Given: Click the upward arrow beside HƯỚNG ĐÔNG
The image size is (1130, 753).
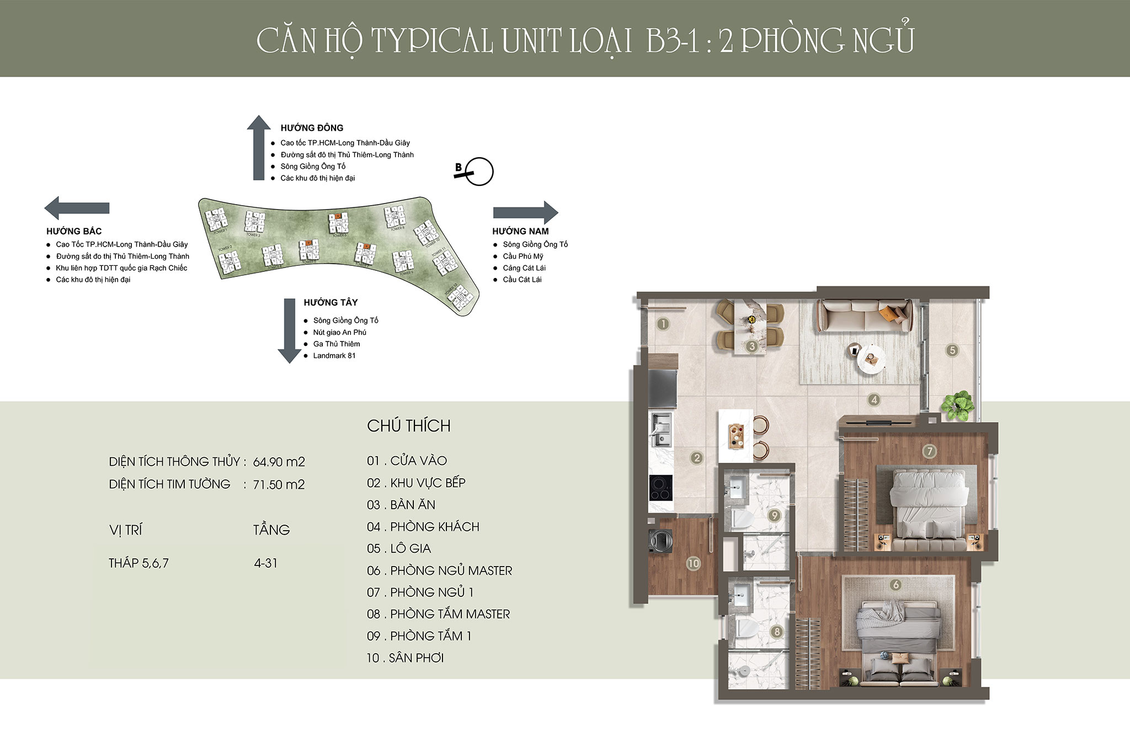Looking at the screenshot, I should click(258, 148).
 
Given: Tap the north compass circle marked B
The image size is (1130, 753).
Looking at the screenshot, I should click(478, 172).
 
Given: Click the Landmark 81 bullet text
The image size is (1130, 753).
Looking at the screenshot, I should click(334, 356).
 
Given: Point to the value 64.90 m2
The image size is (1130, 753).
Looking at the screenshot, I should click(279, 462).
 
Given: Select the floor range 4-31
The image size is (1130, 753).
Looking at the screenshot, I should click(265, 563).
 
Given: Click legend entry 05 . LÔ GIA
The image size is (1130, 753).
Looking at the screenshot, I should click(399, 548).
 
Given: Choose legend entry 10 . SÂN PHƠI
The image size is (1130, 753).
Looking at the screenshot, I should click(405, 658).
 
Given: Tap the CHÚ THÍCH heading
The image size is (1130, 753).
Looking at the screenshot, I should click(408, 426).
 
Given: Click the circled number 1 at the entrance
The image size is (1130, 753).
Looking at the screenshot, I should click(663, 324).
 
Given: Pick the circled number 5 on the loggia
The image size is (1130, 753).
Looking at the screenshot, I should click(952, 350).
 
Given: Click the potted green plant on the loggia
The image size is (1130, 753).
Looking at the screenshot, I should click(957, 405).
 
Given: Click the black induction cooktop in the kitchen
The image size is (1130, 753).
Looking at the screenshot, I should click(661, 487).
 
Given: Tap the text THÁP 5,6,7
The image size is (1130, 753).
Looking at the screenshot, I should click(138, 563).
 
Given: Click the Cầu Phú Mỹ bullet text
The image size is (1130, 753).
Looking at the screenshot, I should click(523, 256).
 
